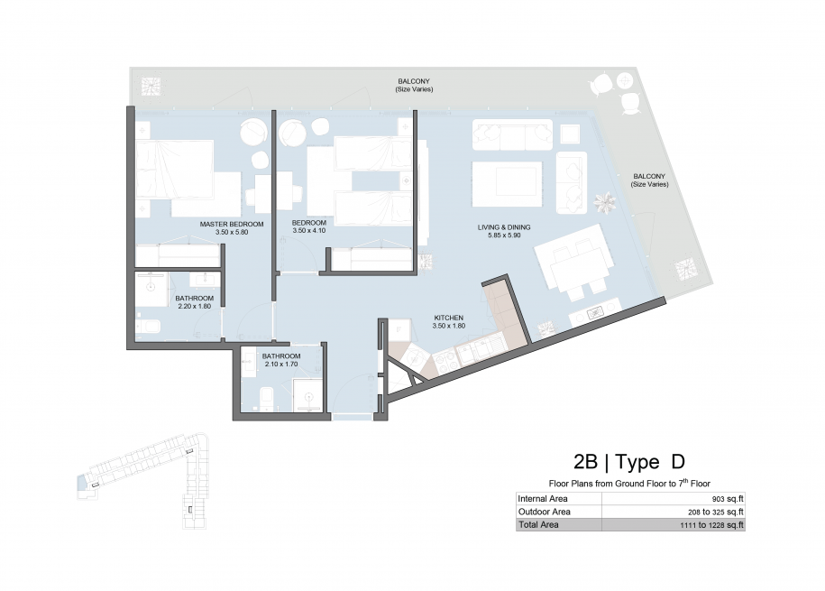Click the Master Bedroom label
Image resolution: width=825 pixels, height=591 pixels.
tap(232, 224)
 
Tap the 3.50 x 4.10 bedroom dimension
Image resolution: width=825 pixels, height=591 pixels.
tap(309, 230)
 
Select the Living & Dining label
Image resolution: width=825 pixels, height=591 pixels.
tap(504, 227)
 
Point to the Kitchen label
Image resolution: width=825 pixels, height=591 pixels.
tap(449, 318)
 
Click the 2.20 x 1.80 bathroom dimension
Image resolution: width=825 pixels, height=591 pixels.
tap(194, 306)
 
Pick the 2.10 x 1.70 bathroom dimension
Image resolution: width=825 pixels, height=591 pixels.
tap(281, 364)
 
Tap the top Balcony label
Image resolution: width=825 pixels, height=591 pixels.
tap(414, 81)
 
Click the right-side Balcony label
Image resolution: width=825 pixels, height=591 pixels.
tap(649, 176)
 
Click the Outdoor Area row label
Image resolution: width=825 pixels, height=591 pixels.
tap(544, 512)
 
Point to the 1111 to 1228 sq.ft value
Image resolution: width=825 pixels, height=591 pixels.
tap(711, 524)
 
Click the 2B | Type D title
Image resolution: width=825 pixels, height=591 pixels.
tap(629, 461)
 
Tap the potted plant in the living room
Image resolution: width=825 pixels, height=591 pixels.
tap(604, 202)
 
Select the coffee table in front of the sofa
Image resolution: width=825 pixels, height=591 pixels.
tap(507, 184)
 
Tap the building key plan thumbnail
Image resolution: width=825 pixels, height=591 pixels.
tap(142, 480)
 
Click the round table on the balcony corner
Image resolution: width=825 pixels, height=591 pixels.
tap(625, 80)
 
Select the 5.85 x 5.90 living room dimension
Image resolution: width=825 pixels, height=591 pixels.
tap(504, 235)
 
